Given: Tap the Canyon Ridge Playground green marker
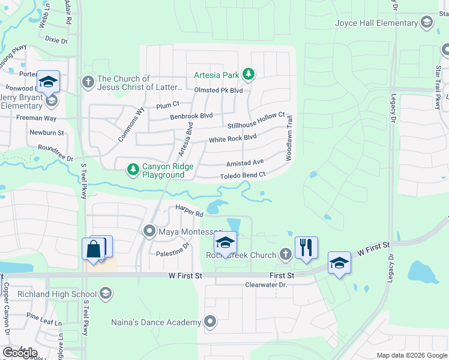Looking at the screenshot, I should pos(133,170).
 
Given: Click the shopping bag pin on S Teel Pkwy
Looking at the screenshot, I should pos(94,248).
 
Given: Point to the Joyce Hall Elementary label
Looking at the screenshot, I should pos(376,23).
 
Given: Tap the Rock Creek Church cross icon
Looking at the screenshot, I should pos(286,254).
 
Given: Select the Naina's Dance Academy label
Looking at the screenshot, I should pos(155,322).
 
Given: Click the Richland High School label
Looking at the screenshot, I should pos(57,293).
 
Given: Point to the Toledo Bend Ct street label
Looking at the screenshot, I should pos(243,175).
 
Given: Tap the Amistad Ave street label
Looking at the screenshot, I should pos(245,163).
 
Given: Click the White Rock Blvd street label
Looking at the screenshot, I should pos(232,139).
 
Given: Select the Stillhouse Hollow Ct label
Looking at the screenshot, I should pos(256,120).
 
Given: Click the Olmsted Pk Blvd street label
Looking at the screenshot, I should pos(218,90).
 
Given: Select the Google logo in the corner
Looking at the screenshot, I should pos(20,352).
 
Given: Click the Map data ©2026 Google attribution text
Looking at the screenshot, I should pos(411,355).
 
